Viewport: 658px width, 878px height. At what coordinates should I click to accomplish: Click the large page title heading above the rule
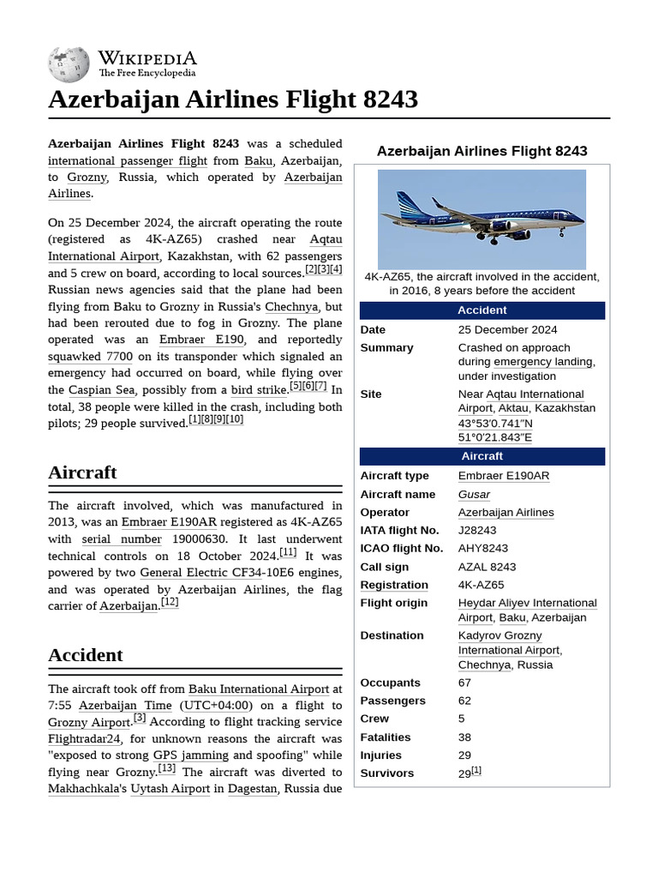pos(233,99)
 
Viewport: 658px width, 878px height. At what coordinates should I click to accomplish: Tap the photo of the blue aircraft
pos(482,219)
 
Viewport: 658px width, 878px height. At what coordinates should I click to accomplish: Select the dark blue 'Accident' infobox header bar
pos(482,310)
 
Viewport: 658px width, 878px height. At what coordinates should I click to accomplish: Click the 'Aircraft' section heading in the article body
pos(82,472)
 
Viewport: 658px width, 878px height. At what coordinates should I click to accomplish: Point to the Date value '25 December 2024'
pos(507,330)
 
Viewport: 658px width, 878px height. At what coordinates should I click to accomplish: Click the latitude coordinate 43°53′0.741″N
pos(495,424)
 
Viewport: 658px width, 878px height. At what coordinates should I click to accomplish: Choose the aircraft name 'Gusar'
pos(474,495)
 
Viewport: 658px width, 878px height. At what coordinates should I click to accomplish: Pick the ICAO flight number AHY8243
pos(483,549)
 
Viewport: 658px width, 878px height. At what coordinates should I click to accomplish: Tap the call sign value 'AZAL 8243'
pos(487,567)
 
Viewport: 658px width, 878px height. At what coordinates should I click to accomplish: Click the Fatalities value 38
pos(465,737)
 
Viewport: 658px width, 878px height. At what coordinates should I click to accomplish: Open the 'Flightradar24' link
pos(85,739)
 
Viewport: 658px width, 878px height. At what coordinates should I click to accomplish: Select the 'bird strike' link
pos(259,390)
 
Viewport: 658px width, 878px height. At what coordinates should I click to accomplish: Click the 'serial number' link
pos(122,539)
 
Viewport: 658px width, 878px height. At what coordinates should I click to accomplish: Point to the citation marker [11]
pos(288,553)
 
